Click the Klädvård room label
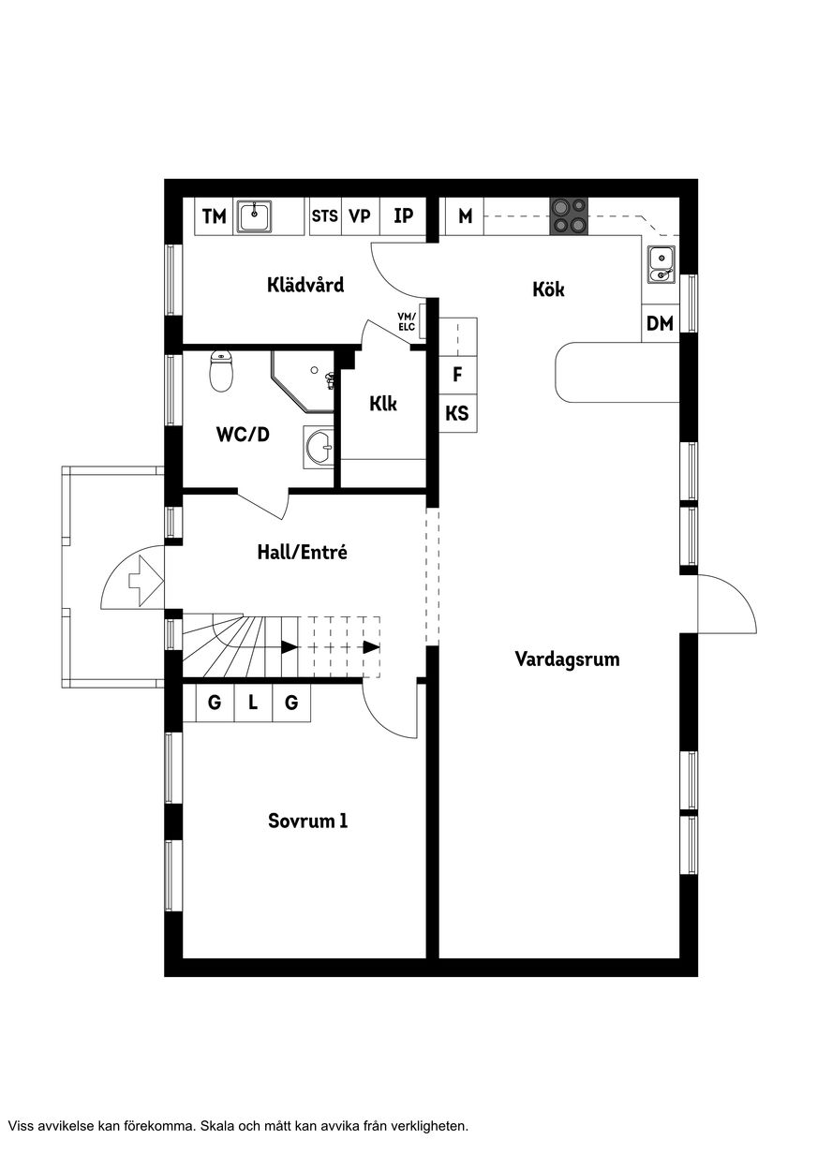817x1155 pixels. tap(305, 285)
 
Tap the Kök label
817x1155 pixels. tap(548, 289)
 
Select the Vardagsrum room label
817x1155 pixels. tap(568, 659)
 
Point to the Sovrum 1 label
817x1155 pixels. tap(308, 821)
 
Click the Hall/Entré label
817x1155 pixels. tap(303, 553)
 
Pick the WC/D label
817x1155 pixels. tap(243, 434)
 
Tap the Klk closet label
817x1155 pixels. tap(383, 404)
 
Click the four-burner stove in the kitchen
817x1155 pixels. tap(569, 216)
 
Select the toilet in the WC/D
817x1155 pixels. tap(221, 371)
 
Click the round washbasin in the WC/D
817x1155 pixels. tap(319, 447)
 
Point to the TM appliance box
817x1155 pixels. tap(214, 216)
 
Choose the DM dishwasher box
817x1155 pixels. tap(661, 323)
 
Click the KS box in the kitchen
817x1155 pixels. tap(457, 413)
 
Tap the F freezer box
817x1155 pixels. tap(457, 375)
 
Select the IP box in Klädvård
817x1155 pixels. tap(403, 216)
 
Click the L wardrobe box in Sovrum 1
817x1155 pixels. tap(253, 703)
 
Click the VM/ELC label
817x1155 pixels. tap(407, 321)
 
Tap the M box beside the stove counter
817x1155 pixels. tap(465, 216)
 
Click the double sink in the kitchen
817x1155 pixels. tap(661, 265)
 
